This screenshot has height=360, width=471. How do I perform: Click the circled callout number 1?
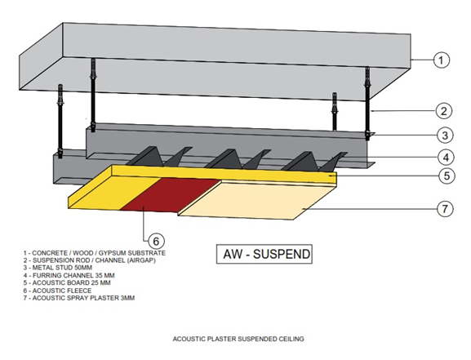[442, 60]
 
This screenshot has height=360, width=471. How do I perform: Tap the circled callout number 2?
[444, 111]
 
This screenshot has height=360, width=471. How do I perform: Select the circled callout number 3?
[445, 136]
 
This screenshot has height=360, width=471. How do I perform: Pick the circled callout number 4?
[446, 158]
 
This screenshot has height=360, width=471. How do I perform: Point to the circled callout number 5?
[447, 176]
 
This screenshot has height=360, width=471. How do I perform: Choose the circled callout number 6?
[156, 241]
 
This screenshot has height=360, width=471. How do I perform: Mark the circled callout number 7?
[445, 208]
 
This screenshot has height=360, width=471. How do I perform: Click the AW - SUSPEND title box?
[264, 254]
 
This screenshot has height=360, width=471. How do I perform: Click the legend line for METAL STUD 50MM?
[58, 268]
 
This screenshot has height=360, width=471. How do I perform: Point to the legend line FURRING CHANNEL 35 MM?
[69, 275]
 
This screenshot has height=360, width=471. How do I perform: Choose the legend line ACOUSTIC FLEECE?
[57, 291]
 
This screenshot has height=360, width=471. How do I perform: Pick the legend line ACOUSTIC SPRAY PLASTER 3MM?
[79, 298]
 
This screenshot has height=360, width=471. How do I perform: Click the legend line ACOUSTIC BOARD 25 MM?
[67, 282]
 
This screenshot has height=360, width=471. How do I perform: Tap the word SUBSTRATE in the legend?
[147, 253]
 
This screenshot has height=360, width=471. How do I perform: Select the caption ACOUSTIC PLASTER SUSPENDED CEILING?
[238, 339]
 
